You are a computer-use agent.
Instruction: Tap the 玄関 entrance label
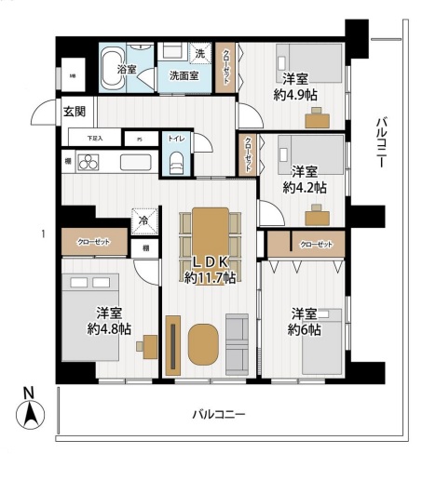click(74, 111)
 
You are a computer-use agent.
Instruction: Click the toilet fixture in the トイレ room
click(176, 163)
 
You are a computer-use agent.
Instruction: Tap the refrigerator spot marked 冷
click(143, 221)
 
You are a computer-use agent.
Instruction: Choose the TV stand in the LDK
click(173, 345)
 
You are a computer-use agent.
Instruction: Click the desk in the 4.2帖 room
click(319, 216)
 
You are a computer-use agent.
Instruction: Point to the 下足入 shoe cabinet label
click(96, 139)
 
